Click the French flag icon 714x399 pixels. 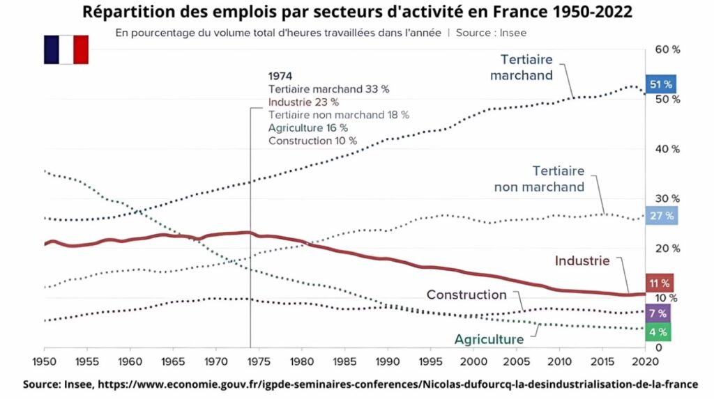[66, 49]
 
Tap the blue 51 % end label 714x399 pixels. [661, 84]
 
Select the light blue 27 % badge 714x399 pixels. [661, 216]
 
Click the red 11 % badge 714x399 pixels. [660, 283]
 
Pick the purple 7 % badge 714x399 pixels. [658, 313]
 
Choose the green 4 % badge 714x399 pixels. [658, 332]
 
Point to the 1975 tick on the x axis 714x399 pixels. [259, 361]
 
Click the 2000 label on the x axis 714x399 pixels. [473, 361]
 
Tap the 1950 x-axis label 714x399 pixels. [44, 361]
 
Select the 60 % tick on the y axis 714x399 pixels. [667, 49]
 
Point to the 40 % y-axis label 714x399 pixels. [667, 149]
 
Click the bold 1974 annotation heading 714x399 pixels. [280, 76]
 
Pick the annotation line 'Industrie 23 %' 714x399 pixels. [303, 102]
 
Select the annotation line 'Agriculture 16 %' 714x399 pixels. [307, 128]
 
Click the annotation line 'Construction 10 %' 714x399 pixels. [312, 141]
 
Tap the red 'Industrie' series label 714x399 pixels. [582, 260]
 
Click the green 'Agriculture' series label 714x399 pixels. [489, 339]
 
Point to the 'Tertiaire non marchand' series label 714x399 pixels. [539, 179]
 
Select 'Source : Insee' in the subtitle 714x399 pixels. [491, 33]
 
